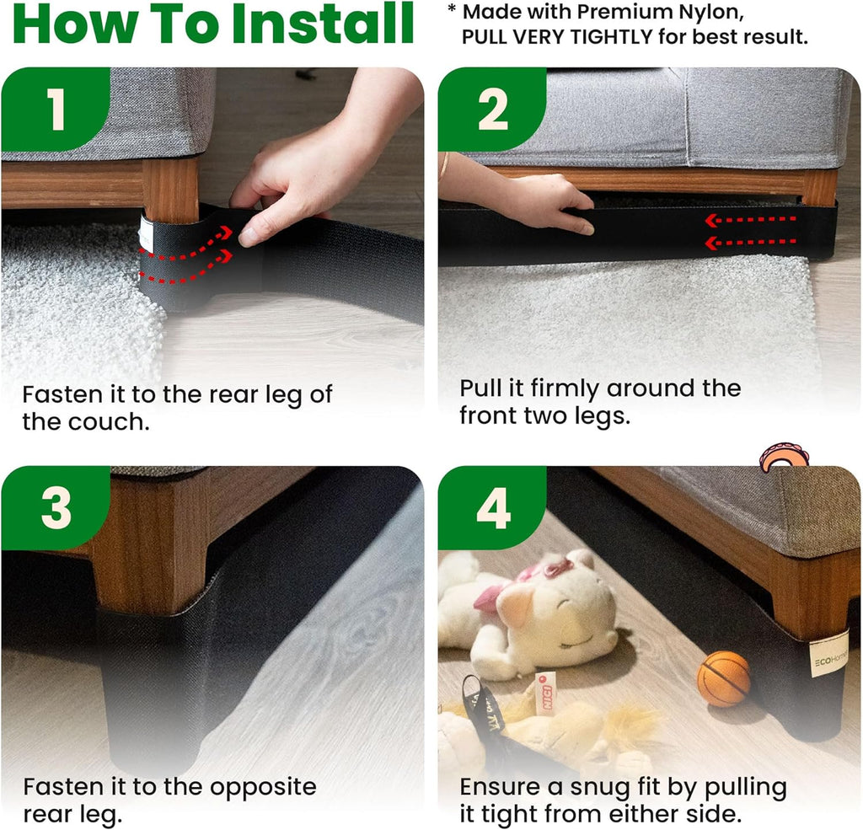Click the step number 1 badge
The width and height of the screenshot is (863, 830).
(56, 109)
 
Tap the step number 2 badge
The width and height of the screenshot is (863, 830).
(492, 109)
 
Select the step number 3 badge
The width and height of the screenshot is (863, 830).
(56, 507)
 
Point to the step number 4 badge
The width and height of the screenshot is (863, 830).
(492, 507)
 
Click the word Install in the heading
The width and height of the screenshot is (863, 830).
(323, 24)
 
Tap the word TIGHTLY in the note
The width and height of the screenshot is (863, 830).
(611, 37)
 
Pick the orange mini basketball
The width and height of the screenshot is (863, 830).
(724, 678)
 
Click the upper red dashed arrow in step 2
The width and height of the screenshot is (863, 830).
(751, 220)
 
